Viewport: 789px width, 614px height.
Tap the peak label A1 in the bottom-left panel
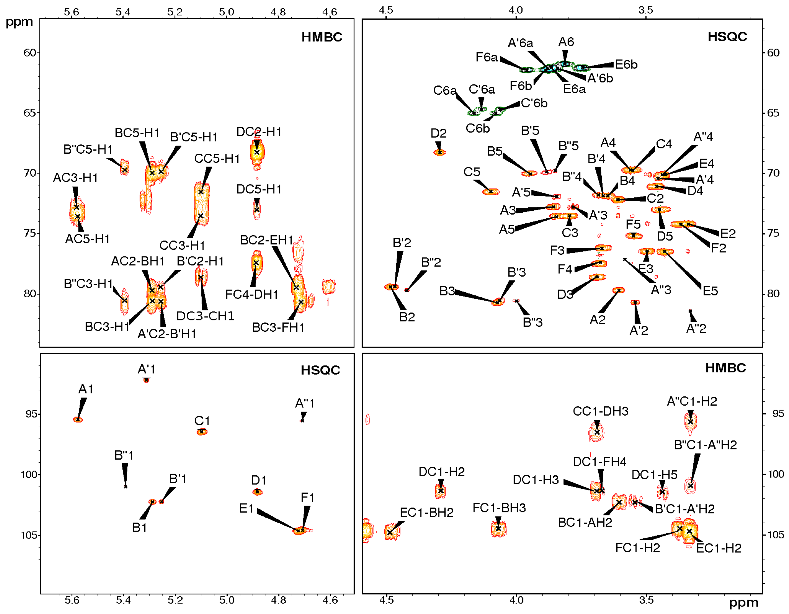[86, 389]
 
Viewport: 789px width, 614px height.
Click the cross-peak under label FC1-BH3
[499, 529]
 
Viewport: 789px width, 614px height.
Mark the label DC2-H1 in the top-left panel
[259, 132]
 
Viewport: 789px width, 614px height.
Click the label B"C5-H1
[88, 149]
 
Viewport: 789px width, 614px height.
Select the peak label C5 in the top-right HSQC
[472, 172]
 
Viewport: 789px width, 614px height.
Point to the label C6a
[444, 90]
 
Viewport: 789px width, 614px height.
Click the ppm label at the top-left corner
[19, 22]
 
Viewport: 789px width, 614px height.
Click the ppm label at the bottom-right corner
[743, 603]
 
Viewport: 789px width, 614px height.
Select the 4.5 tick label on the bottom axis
[386, 600]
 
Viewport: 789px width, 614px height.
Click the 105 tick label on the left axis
[29, 535]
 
